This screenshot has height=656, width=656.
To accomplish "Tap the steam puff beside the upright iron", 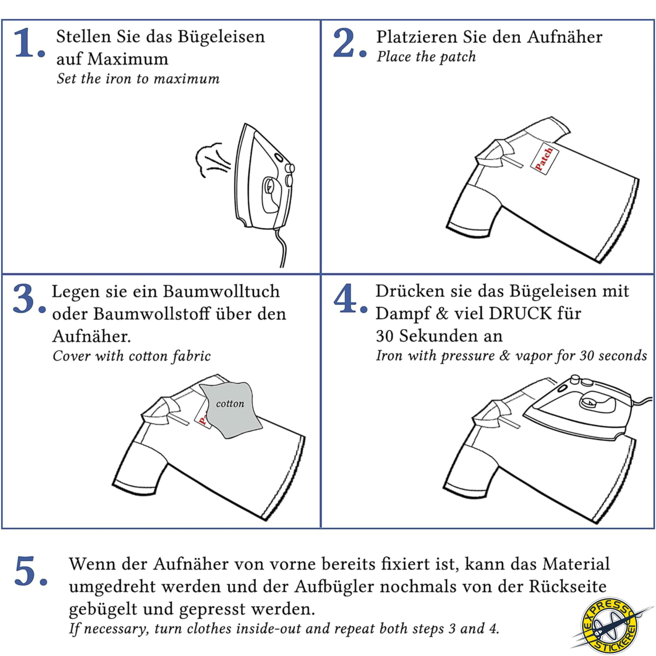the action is pos(212,160).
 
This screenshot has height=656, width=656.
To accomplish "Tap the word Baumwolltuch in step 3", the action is pos(221,292).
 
